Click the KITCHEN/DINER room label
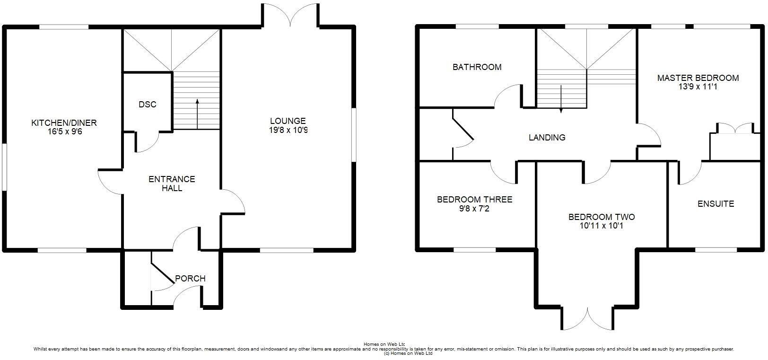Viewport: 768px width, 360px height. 64,123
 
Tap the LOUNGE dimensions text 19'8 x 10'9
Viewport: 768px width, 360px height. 288,130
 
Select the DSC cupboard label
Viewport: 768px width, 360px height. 147,105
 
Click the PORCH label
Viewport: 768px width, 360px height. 190,279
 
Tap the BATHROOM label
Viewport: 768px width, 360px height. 477,67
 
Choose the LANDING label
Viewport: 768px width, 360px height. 547,138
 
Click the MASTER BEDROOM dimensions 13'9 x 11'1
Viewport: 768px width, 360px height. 698,87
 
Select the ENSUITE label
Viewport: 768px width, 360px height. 716,204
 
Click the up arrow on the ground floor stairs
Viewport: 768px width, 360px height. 197,114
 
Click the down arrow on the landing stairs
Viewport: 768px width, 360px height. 561,99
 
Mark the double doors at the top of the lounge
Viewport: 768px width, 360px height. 291,14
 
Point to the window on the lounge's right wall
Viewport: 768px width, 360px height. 354,135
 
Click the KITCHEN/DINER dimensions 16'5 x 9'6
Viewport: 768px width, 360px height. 64,132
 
